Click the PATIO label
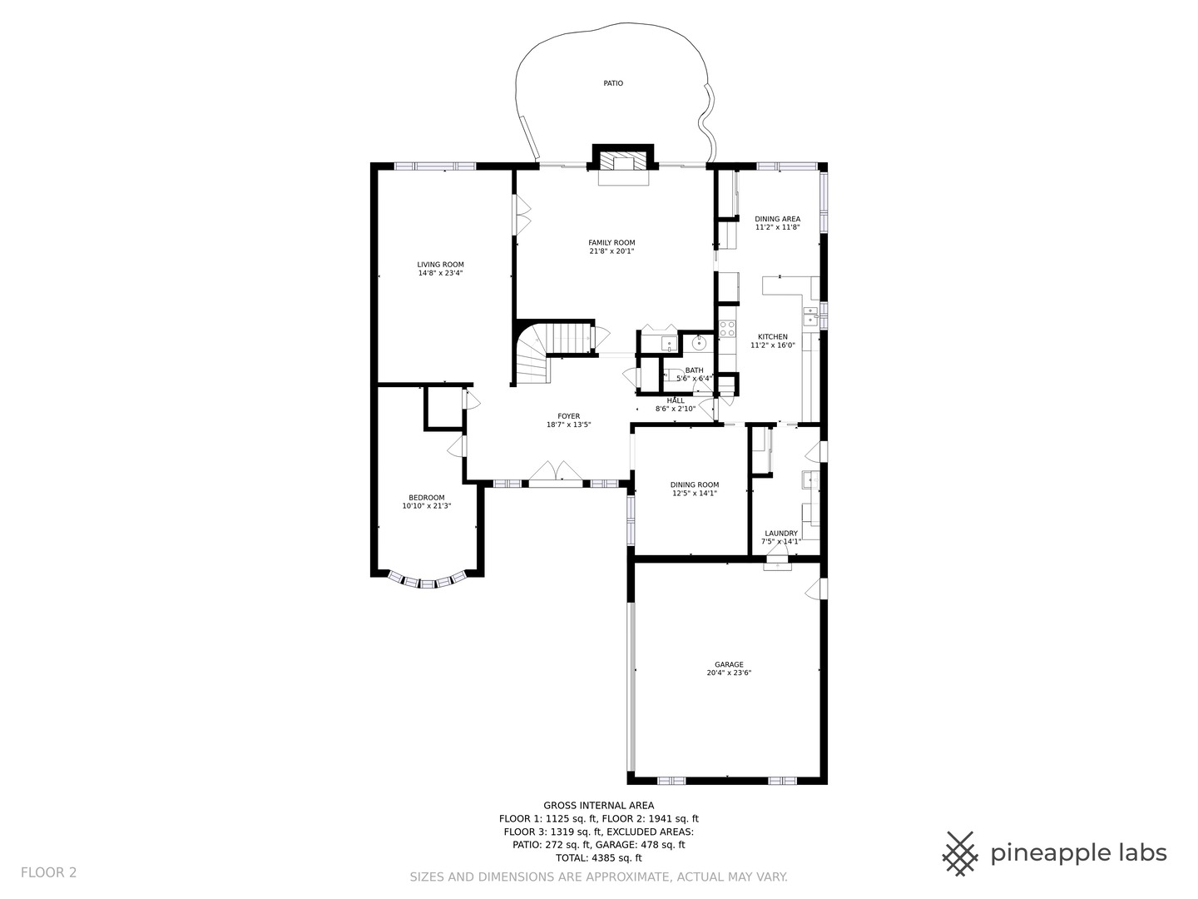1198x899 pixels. pyautogui.click(x=613, y=83)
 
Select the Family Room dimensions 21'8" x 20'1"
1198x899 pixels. pyautogui.click(x=611, y=251)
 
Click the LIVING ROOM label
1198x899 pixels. pyautogui.click(x=440, y=265)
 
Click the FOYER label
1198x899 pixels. pyautogui.click(x=569, y=416)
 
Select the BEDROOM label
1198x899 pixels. pyautogui.click(x=427, y=498)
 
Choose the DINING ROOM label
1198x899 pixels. pyautogui.click(x=695, y=484)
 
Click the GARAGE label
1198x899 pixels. pyautogui.click(x=729, y=665)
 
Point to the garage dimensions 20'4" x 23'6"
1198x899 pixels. pyautogui.click(x=729, y=673)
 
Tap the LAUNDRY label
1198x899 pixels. pyautogui.click(x=781, y=534)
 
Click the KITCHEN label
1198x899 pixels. pyautogui.click(x=773, y=337)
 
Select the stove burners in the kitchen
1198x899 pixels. pyautogui.click(x=727, y=329)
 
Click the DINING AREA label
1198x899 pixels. pyautogui.click(x=778, y=219)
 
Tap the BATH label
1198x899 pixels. pyautogui.click(x=694, y=370)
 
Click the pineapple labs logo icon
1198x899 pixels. pyautogui.click(x=960, y=854)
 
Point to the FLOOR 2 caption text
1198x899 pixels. pyautogui.click(x=48, y=873)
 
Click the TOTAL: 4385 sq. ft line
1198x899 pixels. pyautogui.click(x=599, y=857)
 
